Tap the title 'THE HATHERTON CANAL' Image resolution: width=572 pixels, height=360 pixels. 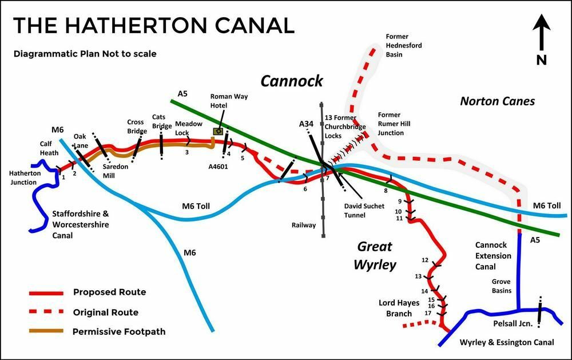(x=153, y=25)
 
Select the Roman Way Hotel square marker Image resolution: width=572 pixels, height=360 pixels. (x=218, y=131)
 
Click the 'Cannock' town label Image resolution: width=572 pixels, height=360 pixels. (x=292, y=81)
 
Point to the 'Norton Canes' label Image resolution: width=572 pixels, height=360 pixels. (x=497, y=101)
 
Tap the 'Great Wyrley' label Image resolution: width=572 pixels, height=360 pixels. (x=375, y=256)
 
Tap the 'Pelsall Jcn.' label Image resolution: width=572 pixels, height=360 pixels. (x=511, y=324)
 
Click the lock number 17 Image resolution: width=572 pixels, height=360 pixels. (x=427, y=313)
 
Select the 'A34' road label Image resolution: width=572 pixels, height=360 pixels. (x=306, y=124)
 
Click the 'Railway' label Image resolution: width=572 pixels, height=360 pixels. (x=303, y=225)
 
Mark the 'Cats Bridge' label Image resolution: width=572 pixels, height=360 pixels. (x=158, y=121)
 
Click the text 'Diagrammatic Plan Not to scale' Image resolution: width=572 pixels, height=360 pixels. (x=85, y=54)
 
